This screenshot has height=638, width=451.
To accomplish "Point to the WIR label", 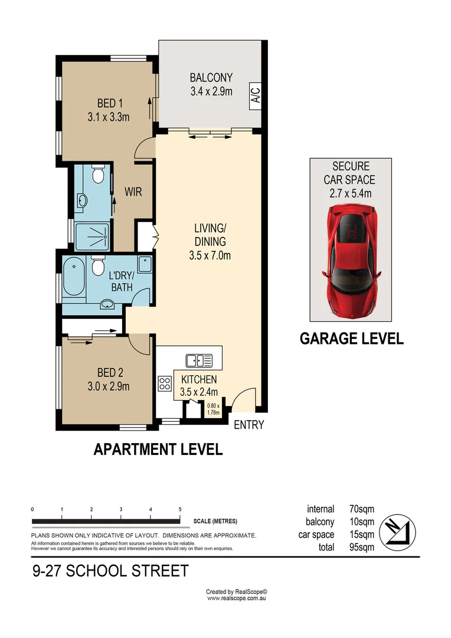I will pyautogui.click(x=133, y=193).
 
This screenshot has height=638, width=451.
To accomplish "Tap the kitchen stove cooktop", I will pyautogui.click(x=164, y=383).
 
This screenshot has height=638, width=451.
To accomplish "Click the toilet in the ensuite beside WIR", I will pyautogui.click(x=98, y=175).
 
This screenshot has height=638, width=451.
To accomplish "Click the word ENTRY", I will pyautogui.click(x=249, y=424).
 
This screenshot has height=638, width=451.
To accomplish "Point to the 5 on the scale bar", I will pyautogui.click(x=179, y=509).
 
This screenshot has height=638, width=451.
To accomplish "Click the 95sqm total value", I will pyautogui.click(x=361, y=547).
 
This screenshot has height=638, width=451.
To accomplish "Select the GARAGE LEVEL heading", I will pyautogui.click(x=351, y=338).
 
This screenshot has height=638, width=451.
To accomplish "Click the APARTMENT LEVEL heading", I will pyautogui.click(x=158, y=450).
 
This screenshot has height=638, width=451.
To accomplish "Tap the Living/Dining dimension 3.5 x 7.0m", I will pyautogui.click(x=211, y=256).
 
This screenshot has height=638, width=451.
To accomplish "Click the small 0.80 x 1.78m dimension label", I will pyautogui.click(x=213, y=409).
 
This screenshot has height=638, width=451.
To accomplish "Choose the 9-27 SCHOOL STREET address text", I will pyautogui.click(x=110, y=571).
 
